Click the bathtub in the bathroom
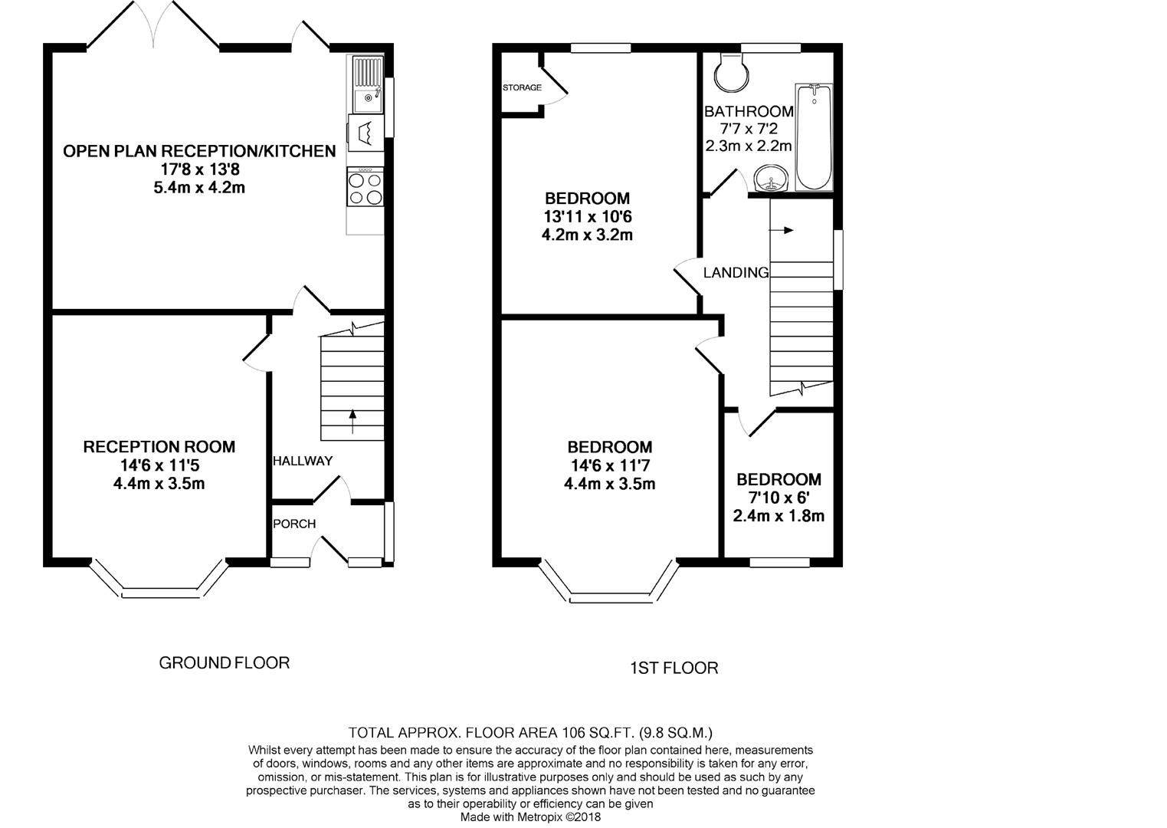(813, 137)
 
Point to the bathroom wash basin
(770, 180)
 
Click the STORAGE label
(522, 87)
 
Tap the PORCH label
(294, 524)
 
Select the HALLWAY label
(303, 461)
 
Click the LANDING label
(736, 272)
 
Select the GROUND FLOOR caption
(224, 662)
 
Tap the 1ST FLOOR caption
(674, 669)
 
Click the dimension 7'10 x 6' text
(779, 498)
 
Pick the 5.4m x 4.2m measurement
(199, 187)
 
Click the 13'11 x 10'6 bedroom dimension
(587, 216)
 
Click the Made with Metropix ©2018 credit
(530, 817)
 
